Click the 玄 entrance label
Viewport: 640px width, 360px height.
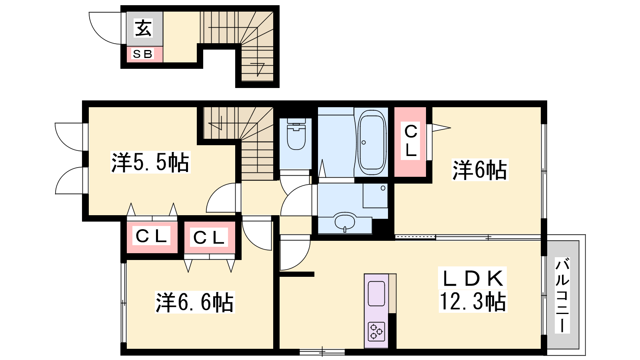click(x=143, y=28)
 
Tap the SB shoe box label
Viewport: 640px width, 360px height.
click(x=143, y=54)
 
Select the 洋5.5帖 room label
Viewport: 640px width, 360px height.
click(x=150, y=162)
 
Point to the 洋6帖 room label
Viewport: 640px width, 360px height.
click(x=480, y=170)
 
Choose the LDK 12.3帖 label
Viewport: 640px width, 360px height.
click(x=472, y=290)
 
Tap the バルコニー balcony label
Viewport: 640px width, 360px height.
click(x=562, y=296)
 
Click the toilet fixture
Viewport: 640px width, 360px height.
click(x=296, y=134)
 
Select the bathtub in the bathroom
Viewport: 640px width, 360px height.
click(x=372, y=142)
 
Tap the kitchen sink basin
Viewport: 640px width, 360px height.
click(x=376, y=294)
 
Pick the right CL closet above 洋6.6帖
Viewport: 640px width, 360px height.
click(x=209, y=238)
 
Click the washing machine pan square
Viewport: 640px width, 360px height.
click(x=375, y=196)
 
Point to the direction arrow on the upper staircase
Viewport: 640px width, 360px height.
click(x=258, y=68)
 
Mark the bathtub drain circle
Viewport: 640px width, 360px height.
click(x=364, y=142)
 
